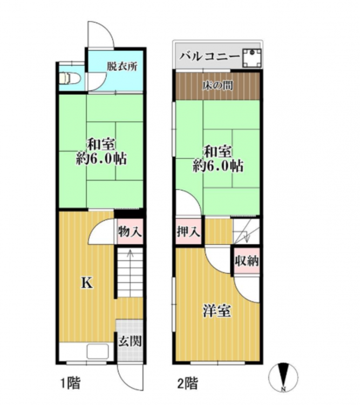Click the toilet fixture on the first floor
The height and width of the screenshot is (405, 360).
click(x=70, y=78)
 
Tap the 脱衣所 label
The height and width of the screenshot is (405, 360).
click(x=122, y=66)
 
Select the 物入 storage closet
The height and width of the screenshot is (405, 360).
click(x=130, y=232)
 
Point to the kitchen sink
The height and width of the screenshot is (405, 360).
click(x=98, y=351)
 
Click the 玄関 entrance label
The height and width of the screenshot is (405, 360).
click(x=130, y=341)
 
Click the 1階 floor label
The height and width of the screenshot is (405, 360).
click(x=70, y=383)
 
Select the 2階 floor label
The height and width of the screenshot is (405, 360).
click(x=188, y=383)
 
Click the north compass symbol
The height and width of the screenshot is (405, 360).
click(x=283, y=376)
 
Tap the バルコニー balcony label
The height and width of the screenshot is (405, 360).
click(x=210, y=56)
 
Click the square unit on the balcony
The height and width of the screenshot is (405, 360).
click(x=252, y=58)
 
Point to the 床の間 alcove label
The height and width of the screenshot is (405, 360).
click(x=218, y=86)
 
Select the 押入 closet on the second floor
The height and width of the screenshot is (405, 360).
click(x=188, y=232)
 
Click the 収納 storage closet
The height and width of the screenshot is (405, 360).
click(x=247, y=261)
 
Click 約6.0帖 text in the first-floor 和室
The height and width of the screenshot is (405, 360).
click(x=101, y=159)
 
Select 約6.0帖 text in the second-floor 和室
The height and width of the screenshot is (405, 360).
click(x=218, y=166)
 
